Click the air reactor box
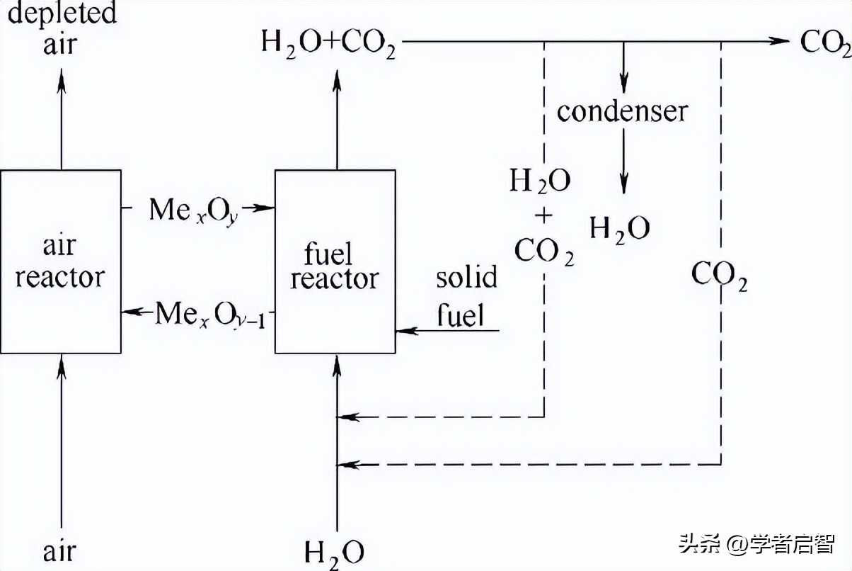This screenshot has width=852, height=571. click(x=60, y=262)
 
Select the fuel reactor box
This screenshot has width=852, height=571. click(x=335, y=262)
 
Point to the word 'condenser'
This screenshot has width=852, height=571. click(x=622, y=111)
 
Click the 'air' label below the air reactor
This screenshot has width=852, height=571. click(x=60, y=550)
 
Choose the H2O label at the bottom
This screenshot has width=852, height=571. click(x=335, y=552)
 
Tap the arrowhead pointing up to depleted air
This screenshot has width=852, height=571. click(x=61, y=77)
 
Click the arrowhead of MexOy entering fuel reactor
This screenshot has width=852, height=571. click(x=267, y=208)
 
